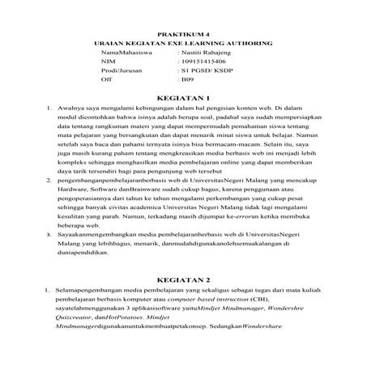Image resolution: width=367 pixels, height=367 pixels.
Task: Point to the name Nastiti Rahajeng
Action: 207,52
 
